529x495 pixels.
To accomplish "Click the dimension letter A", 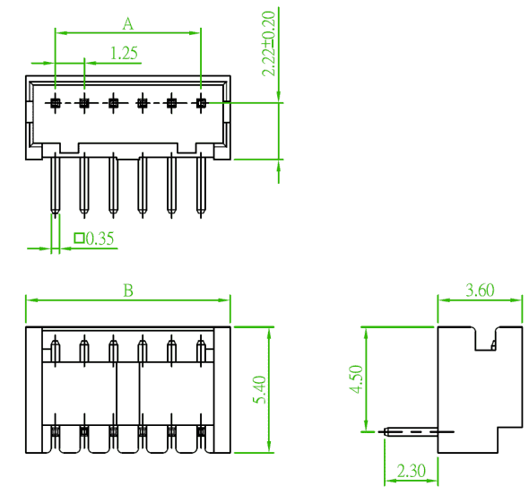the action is click(128, 24).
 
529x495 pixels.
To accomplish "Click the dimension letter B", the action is click(128, 291).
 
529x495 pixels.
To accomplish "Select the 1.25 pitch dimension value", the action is click(124, 53).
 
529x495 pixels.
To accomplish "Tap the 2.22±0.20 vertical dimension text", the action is click(269, 44).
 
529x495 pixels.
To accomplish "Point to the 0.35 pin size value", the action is click(100, 239).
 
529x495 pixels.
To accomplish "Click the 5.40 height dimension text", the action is click(259, 390).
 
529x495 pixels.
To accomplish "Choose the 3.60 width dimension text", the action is click(480, 291).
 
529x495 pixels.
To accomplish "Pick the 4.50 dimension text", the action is click(356, 379).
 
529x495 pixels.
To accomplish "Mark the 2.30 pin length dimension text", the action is click(412, 471).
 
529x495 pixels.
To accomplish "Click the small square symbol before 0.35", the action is click(79, 239).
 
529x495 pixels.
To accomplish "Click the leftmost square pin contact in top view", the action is click(55, 102).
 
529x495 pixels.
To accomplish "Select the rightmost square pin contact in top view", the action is click(201, 102).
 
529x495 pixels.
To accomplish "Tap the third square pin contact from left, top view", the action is click(113, 102).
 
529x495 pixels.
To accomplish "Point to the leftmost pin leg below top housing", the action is click(56, 185).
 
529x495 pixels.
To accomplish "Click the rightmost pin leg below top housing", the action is click(201, 185).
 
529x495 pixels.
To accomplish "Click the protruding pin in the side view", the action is click(412, 431).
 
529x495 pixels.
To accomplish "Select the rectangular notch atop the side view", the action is click(485, 338).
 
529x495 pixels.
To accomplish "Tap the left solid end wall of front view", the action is click(34, 390).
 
